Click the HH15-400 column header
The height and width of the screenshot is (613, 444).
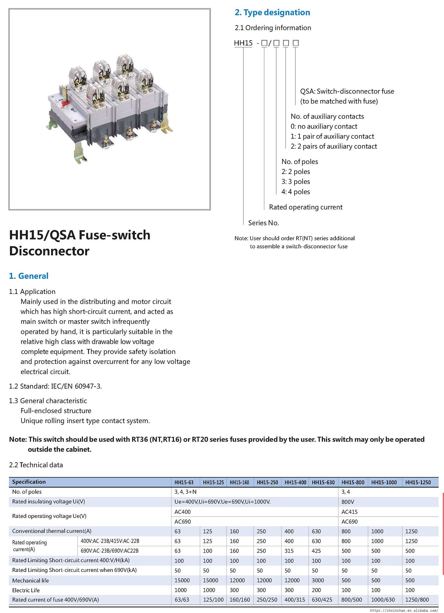[295, 482]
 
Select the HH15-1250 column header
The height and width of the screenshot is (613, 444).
[418, 482]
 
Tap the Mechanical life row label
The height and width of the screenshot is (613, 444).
[30, 580]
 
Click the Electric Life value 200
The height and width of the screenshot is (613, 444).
[316, 590]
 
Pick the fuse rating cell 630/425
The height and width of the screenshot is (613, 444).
[322, 600]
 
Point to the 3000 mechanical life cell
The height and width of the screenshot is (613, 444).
[318, 580]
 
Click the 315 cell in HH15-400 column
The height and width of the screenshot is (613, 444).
[289, 551]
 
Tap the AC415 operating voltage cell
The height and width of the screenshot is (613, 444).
[350, 512]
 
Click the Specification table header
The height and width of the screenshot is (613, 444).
[29, 482]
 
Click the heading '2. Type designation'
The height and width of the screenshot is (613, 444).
[272, 12]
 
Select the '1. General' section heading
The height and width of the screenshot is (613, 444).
[29, 276]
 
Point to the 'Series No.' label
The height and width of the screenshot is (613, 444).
[263, 223]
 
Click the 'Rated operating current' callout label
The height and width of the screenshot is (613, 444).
[305, 207]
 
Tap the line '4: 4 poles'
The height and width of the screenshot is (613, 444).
[296, 192]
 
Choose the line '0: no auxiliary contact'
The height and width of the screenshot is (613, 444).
[324, 126]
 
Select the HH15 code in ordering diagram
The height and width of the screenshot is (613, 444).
[243, 43]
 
